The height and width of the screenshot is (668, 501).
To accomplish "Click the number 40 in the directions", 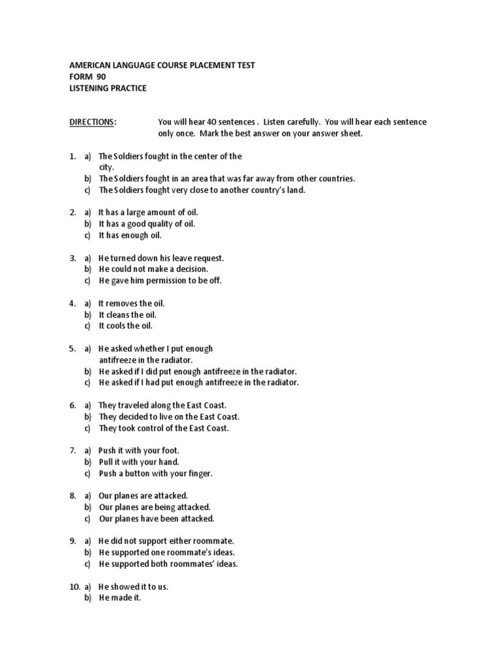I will [x=211, y=122].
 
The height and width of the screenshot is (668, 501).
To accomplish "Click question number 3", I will [x=72, y=258].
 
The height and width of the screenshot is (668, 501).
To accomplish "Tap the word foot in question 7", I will [x=169, y=451].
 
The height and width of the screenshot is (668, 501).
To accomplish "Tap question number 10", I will [x=74, y=586].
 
